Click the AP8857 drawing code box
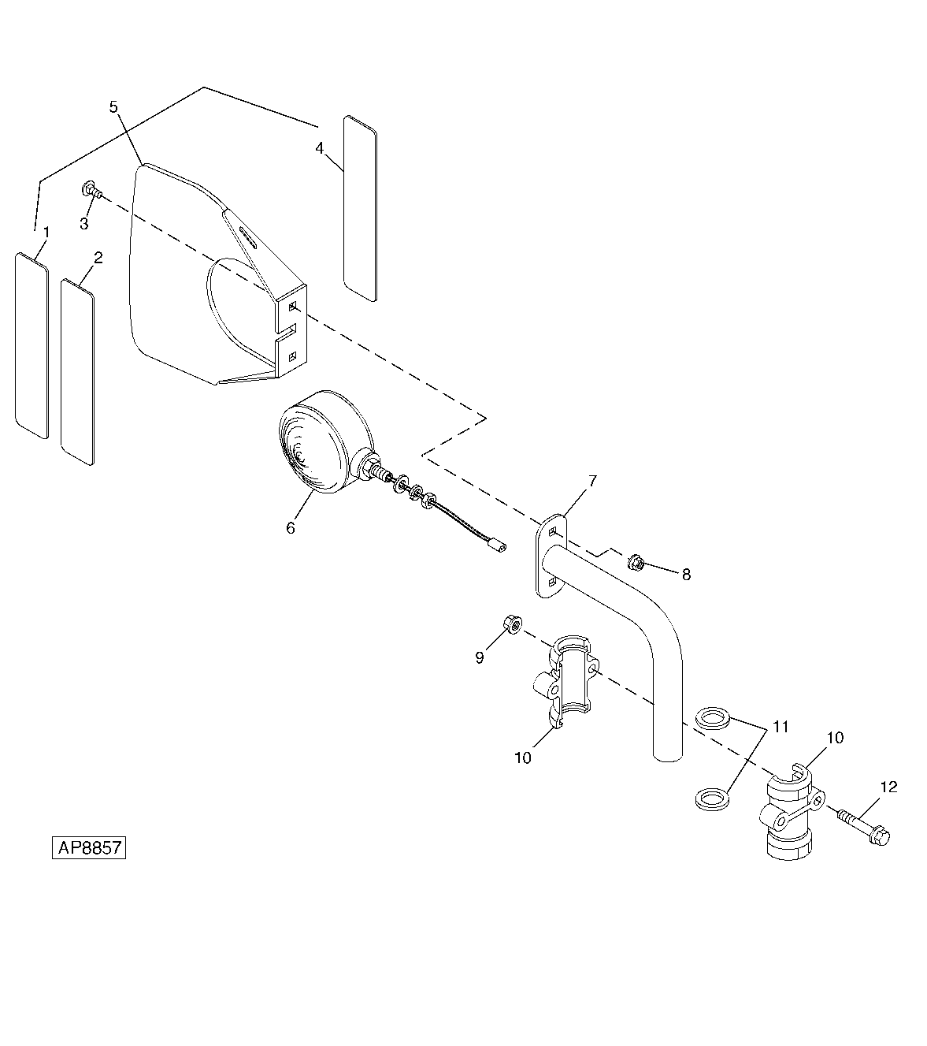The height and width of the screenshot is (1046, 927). pyautogui.click(x=89, y=847)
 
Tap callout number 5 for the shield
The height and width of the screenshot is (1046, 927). pyautogui.click(x=113, y=107)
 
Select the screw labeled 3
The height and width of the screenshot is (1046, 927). pyautogui.click(x=92, y=190)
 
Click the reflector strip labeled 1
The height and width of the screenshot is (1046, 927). pyautogui.click(x=32, y=345)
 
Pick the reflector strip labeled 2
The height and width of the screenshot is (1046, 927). pyautogui.click(x=77, y=372)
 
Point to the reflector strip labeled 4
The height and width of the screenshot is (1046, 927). pyautogui.click(x=360, y=208)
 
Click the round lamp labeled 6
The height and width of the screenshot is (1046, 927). pyautogui.click(x=326, y=442)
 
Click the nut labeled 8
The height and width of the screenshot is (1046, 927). pyautogui.click(x=636, y=563)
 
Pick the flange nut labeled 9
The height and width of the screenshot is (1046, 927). pyautogui.click(x=514, y=624)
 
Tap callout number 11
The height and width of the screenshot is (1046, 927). pyautogui.click(x=781, y=727)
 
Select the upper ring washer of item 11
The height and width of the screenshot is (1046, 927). pyautogui.click(x=712, y=718)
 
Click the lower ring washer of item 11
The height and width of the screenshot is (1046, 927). pyautogui.click(x=712, y=800)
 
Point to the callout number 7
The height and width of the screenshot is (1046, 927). pyautogui.click(x=592, y=481)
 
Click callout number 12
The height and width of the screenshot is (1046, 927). pyautogui.click(x=888, y=787)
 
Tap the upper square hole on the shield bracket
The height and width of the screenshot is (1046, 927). pyautogui.click(x=292, y=307)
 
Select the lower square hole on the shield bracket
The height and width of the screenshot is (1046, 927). pyautogui.click(x=292, y=355)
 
